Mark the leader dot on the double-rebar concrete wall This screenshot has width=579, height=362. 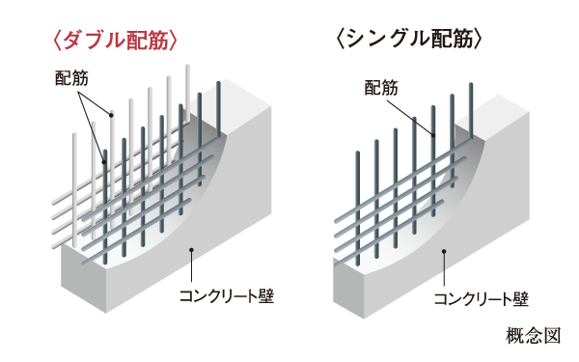(193, 250)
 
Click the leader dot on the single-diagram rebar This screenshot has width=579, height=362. (433, 136)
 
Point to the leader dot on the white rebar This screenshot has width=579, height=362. (111, 116)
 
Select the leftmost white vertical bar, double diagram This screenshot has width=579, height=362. (75, 183)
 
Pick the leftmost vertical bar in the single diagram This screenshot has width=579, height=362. (358, 193)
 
